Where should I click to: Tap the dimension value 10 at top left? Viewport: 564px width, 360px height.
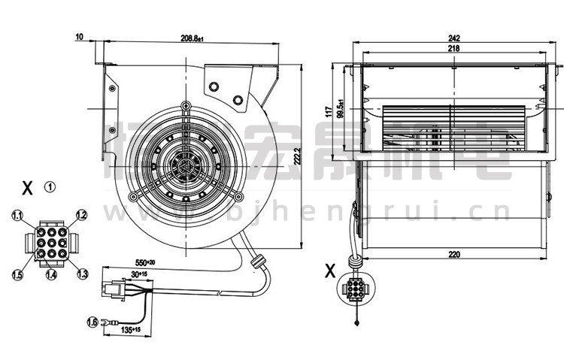(x=80, y=36)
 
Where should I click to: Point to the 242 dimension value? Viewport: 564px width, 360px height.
(x=453, y=37)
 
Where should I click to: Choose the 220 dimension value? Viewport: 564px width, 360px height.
(x=453, y=254)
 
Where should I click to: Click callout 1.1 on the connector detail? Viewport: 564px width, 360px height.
(x=17, y=216)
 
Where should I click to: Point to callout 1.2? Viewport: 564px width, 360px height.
(x=82, y=215)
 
